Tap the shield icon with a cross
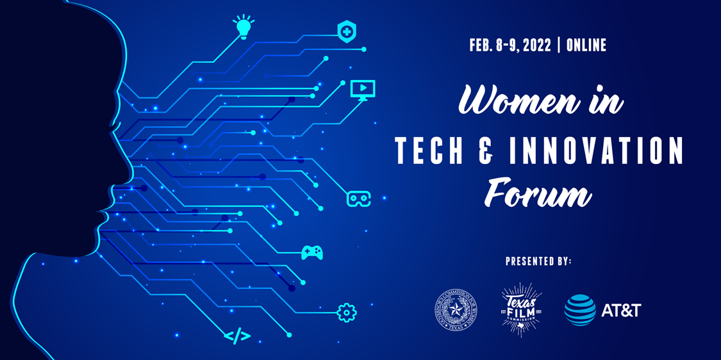[347, 31]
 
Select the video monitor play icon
[363, 90]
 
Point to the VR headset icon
[358, 199]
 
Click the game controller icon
[312, 252]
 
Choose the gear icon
[347, 313]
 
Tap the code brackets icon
[237, 336]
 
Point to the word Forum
[538, 192]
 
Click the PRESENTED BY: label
[538, 261]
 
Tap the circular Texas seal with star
[456, 311]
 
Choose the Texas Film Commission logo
[521, 310]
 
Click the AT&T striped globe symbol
[580, 311]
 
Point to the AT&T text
[621, 311]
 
